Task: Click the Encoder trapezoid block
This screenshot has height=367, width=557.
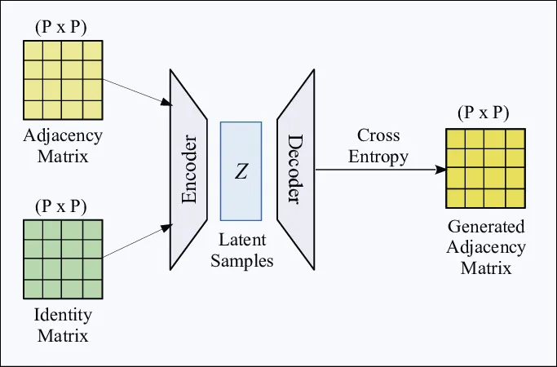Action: click(x=188, y=169)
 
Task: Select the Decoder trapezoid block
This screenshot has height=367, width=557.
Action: click(x=295, y=169)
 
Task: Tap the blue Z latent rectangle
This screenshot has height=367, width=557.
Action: click(x=241, y=170)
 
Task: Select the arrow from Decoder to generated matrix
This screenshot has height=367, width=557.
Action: click(x=379, y=170)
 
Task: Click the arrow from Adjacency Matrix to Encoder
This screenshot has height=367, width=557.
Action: click(x=136, y=88)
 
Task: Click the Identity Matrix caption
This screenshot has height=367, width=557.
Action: click(x=61, y=325)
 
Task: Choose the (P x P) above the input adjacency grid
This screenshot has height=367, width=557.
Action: click(x=62, y=26)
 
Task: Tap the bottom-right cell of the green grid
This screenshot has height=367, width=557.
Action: click(x=91, y=288)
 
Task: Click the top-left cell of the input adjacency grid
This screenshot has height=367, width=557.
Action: click(x=34, y=50)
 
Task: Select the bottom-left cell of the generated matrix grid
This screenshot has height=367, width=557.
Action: click(x=457, y=197)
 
